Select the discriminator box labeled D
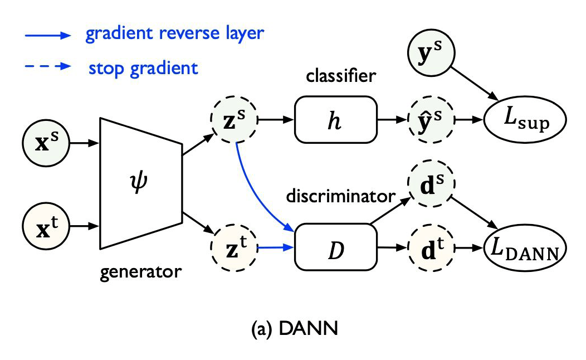(x=335, y=246)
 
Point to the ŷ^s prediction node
(x=432, y=120)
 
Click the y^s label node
(x=432, y=53)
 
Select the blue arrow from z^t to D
(x=275, y=246)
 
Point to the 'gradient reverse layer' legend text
(x=174, y=34)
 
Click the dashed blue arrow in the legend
(x=47, y=67)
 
